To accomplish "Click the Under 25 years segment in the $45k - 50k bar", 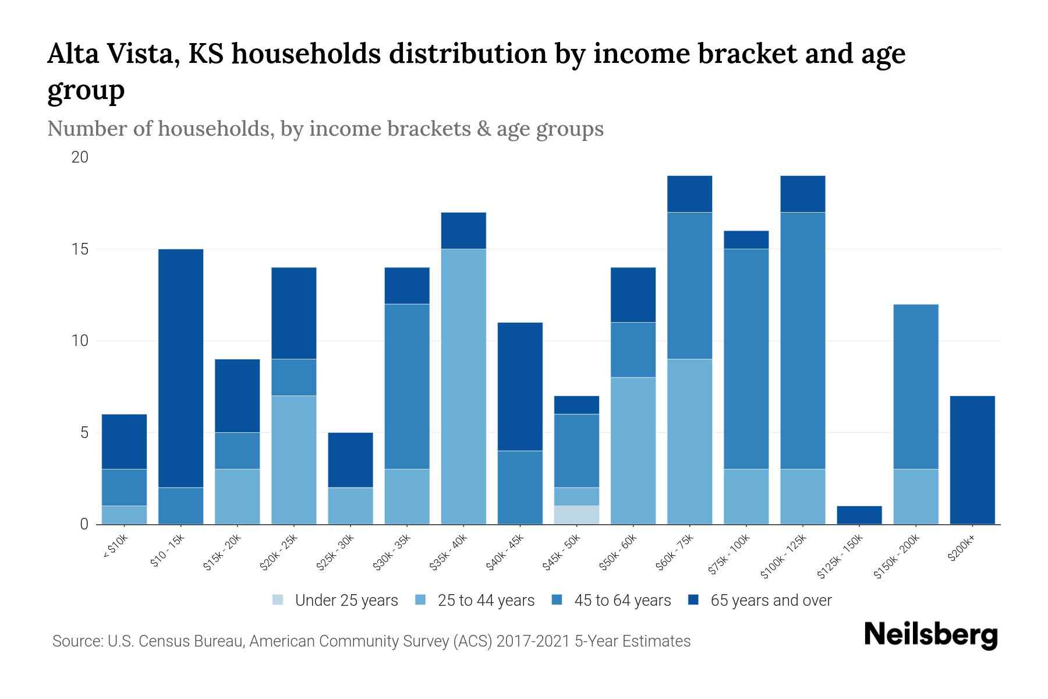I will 576,515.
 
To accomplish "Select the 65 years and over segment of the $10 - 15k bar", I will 180,368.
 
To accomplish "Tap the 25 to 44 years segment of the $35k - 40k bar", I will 463,387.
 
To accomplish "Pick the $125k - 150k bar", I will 859,515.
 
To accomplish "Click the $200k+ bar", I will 972,460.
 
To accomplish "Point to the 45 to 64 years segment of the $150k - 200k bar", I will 915,387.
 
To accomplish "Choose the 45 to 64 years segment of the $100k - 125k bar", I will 802,341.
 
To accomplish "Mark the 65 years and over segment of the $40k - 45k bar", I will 520,387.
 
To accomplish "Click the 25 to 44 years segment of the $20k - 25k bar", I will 293,460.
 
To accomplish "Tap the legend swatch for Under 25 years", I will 278,600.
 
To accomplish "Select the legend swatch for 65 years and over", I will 693,600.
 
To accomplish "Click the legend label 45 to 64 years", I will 622,601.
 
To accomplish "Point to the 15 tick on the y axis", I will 80,249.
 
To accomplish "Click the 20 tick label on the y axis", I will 80,157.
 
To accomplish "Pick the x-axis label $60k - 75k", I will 674,553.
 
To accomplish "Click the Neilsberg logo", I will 930,635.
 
